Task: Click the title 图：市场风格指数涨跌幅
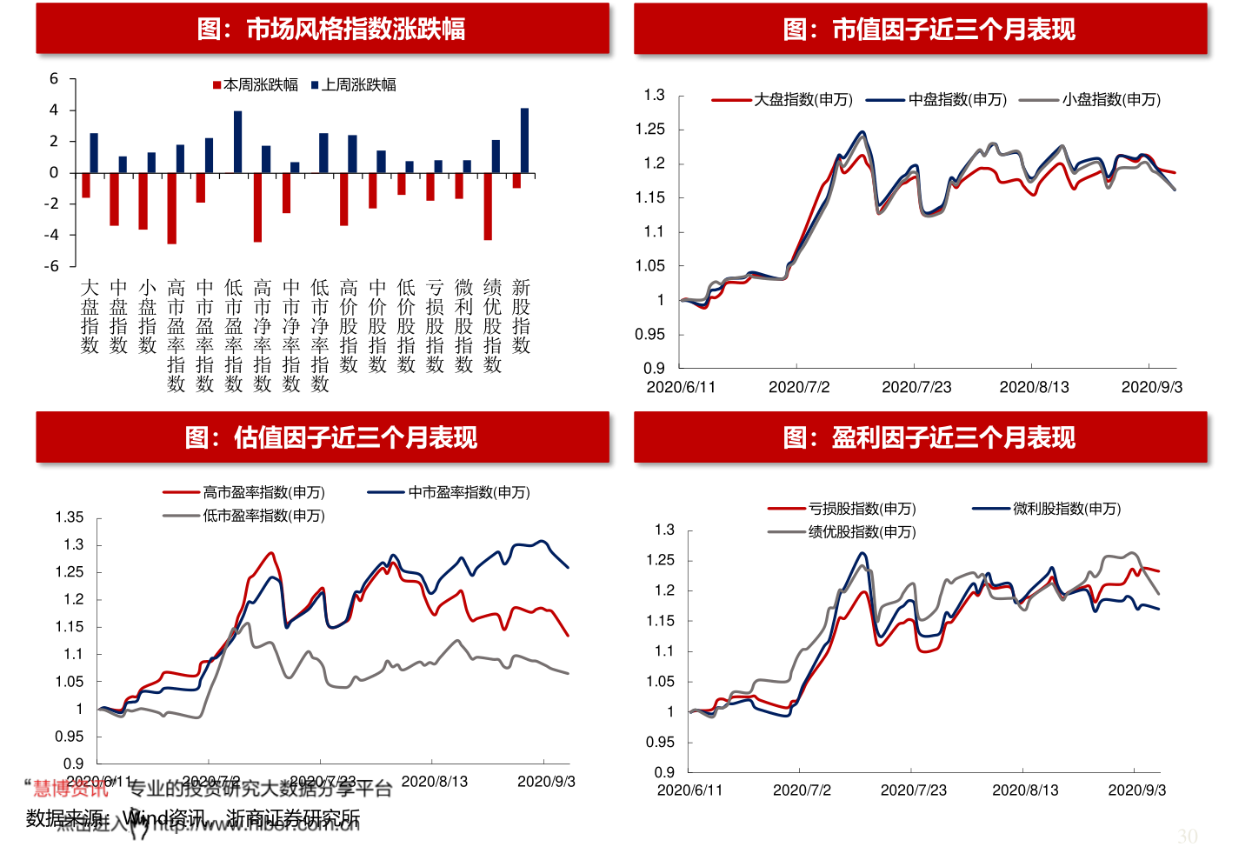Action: click(x=331, y=30)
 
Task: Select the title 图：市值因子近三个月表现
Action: click(x=929, y=30)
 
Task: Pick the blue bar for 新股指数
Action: click(x=524, y=141)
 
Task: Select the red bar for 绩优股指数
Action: click(x=488, y=206)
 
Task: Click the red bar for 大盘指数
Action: click(x=86, y=185)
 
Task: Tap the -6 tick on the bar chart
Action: click(x=53, y=266)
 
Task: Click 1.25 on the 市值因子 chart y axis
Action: click(x=649, y=130)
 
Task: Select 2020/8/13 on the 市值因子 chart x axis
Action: click(x=1034, y=387)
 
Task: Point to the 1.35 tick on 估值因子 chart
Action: click(x=70, y=517)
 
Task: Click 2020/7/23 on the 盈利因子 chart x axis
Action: click(x=913, y=790)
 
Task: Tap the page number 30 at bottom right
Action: click(x=1187, y=836)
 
